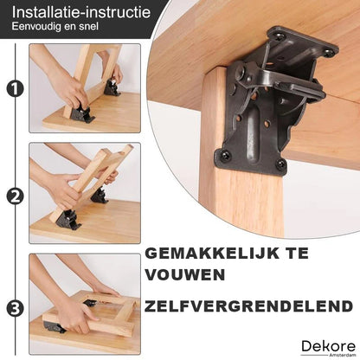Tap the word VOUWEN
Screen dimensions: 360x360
184,275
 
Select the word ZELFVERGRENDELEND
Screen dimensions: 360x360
248,306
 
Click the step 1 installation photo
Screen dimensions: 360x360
85,88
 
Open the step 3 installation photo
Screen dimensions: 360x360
85,305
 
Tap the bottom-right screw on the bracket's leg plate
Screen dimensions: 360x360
280,164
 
